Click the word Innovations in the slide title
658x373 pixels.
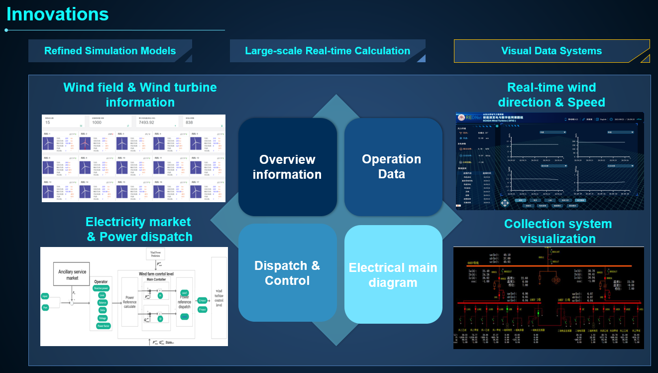coord(58,14)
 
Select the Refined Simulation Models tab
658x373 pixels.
coord(110,51)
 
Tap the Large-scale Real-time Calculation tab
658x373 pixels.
coord(328,51)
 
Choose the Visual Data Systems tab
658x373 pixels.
coord(551,51)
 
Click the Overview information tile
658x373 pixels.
coord(287,167)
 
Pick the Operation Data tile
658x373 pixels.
coord(392,166)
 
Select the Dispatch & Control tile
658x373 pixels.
coord(287,273)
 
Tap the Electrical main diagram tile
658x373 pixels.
coord(393,275)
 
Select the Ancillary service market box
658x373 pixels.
coord(71,274)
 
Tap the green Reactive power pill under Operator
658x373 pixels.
coord(102,288)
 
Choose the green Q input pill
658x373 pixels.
coord(202,300)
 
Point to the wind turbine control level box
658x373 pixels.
coord(219,297)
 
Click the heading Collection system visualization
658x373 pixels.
coord(558,231)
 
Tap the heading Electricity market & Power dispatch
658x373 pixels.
coord(139,229)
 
